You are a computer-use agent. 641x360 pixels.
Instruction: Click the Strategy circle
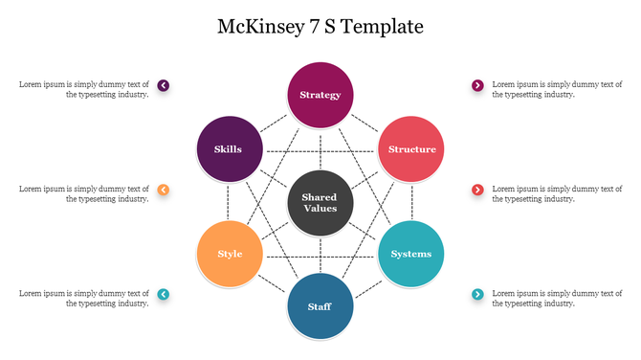point(320,95)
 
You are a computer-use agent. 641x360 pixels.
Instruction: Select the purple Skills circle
point(228,149)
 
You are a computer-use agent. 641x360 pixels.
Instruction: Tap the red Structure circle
point(411,149)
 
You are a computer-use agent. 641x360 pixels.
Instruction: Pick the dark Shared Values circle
point(320,203)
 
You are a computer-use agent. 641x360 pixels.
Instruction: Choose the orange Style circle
point(229,254)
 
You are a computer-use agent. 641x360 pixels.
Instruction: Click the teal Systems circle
point(411,254)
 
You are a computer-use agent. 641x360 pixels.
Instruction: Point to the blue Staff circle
point(320,306)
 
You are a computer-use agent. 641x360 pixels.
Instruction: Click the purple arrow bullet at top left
point(164,85)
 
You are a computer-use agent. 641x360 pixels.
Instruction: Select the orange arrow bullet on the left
point(164,190)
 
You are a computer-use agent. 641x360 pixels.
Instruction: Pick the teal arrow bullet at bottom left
point(164,294)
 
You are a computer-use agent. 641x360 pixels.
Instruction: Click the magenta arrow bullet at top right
point(477,85)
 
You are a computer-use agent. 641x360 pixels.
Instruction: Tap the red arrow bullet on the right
point(477,190)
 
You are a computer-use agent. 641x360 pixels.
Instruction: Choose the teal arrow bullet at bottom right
point(477,294)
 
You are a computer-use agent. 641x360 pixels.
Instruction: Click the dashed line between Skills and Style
point(229,201)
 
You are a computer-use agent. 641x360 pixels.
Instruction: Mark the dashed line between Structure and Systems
point(412,201)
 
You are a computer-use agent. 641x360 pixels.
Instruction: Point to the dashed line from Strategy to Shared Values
point(320,148)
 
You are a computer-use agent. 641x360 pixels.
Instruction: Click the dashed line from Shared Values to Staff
point(320,255)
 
